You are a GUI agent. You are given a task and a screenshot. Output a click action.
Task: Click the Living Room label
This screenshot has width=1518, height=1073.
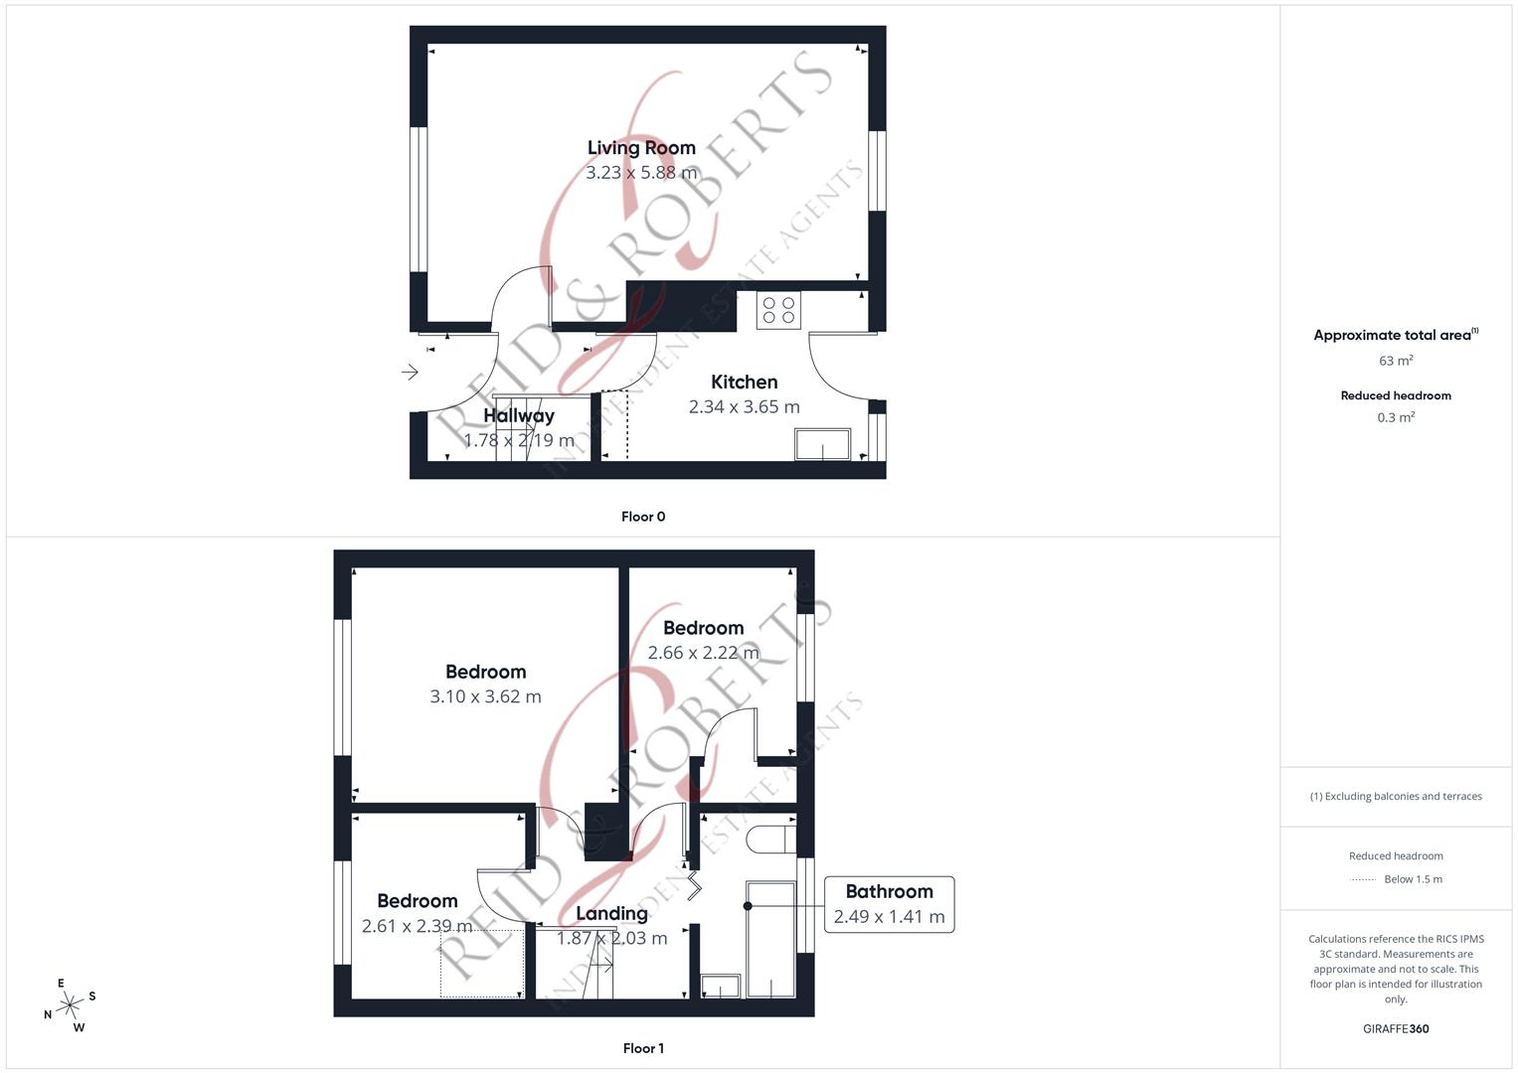point(641,148)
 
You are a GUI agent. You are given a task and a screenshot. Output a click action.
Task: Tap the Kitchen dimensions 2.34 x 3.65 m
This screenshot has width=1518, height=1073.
point(744,406)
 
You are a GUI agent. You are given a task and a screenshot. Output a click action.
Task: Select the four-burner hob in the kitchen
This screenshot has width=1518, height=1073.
point(778,310)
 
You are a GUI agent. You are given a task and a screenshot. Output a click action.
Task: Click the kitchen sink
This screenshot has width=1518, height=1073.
point(822,444)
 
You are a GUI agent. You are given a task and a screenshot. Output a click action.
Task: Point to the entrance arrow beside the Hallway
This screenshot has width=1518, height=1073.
point(410,373)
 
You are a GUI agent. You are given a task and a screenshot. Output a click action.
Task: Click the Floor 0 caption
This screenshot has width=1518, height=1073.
point(643,517)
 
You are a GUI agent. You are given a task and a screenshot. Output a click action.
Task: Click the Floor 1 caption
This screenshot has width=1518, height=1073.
point(643,1048)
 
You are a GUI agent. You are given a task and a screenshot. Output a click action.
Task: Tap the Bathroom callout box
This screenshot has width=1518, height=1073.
point(889,904)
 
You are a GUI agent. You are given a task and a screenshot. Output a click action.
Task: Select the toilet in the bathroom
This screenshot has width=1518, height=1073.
point(770,840)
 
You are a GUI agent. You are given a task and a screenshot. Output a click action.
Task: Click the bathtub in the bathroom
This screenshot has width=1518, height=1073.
point(770,939)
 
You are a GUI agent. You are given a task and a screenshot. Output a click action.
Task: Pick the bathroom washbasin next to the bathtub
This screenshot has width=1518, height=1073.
point(721,986)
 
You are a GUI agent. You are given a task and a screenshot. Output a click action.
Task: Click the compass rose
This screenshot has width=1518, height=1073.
point(70,1006)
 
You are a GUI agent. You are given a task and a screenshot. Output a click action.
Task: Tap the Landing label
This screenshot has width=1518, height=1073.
point(611,914)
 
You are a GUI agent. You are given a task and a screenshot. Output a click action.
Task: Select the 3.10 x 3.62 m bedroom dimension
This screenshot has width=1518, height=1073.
point(485,696)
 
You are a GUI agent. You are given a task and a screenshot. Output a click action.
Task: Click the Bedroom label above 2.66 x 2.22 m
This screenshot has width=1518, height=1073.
point(703,628)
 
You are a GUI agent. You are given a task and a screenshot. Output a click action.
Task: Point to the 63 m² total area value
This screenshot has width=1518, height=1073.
point(1396,361)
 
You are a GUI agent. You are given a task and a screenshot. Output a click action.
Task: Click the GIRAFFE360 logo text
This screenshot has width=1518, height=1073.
point(1396,1029)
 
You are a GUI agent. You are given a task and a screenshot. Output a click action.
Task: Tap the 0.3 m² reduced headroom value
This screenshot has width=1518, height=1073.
point(1396,417)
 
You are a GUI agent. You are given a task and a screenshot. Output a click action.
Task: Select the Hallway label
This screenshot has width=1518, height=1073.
point(519,415)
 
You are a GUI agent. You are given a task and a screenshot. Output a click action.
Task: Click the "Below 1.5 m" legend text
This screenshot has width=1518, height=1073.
point(1413,879)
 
